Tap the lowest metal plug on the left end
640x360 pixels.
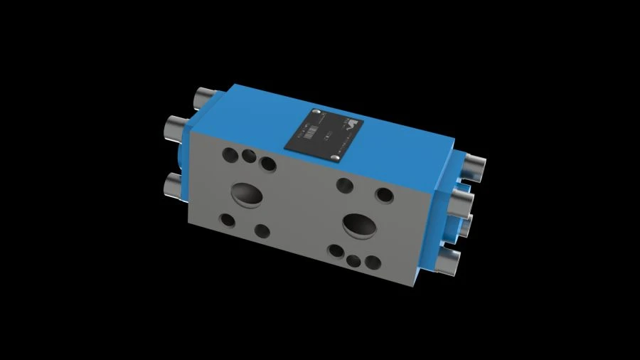coord(174,186)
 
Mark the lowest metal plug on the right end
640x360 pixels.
coord(449,263)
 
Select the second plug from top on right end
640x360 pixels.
coord(463,198)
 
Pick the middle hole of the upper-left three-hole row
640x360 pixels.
coord(248,156)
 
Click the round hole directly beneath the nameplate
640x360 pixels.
coord(343,185)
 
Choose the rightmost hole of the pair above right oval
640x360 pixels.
coord(384,194)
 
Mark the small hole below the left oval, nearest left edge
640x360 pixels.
coord(228,220)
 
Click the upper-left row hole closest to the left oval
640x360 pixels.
coord(268,164)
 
